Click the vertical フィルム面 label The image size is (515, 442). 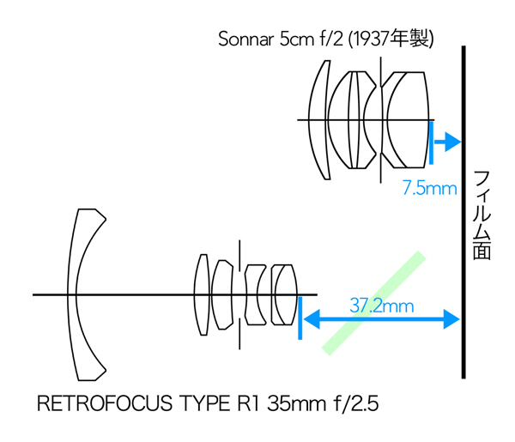coord(482,215)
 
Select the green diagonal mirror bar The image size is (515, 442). coord(374,302)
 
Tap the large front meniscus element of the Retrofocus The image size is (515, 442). coord(85,294)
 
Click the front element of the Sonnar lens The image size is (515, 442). coord(318,119)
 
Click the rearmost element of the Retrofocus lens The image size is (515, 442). coord(284,294)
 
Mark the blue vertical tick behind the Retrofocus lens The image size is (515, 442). coord(300,318)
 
